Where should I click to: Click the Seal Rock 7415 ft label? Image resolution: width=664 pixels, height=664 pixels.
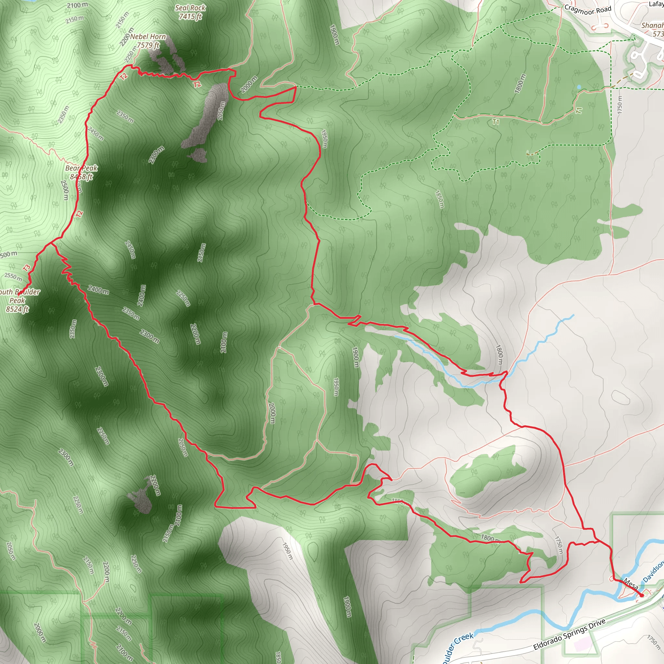tap(190, 12)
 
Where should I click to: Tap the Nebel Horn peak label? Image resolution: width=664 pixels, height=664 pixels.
tap(148, 41)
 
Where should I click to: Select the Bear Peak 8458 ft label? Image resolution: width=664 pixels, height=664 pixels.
tap(81, 172)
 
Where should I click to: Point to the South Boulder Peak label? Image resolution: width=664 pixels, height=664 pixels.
tap(19, 300)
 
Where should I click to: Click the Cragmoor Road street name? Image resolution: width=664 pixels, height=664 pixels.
tap(588, 10)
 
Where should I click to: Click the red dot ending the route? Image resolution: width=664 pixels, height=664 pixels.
tap(641, 595)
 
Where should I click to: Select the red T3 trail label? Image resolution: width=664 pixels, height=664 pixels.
tap(27, 267)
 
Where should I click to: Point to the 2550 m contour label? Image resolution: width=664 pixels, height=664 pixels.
tap(13, 276)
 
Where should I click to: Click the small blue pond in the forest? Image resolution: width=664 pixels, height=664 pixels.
tap(579, 87)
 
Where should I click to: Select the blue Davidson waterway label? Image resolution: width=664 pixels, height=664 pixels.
tap(653, 572)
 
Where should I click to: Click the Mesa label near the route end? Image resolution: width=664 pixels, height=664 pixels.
tap(631, 583)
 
